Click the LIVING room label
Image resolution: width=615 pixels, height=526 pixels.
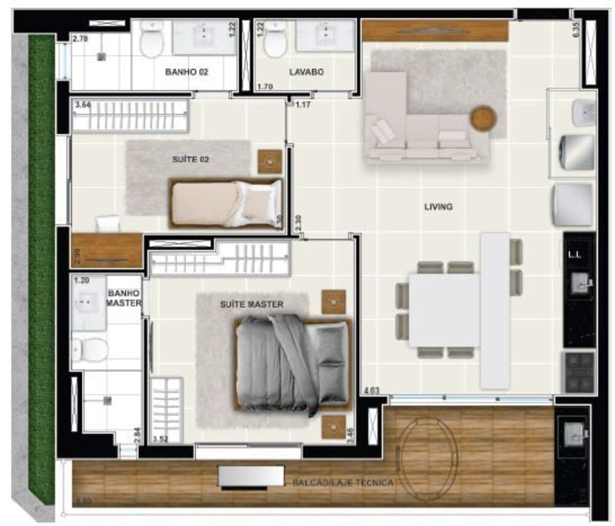pos(438,207)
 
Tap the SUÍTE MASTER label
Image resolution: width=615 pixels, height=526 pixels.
pos(252,305)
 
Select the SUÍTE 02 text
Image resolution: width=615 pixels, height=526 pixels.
pos(191,159)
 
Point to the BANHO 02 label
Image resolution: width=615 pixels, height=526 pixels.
pos(186,72)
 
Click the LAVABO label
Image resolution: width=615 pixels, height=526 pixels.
pos(306,72)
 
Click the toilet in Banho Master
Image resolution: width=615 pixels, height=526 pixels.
pos(90,349)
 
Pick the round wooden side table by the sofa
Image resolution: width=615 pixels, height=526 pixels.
pos(483,119)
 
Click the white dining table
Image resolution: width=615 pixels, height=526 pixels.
pos(444,310)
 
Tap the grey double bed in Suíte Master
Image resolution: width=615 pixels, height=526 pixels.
pos(292,364)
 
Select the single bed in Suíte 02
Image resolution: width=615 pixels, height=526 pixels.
pos(225,204)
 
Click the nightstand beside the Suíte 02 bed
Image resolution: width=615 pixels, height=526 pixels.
pos(269,162)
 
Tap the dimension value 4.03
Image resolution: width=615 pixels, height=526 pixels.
pos(371,390)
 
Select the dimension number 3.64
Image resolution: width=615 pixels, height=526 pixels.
pos(82,105)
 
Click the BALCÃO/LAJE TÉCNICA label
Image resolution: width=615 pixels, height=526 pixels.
pos(343,483)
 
